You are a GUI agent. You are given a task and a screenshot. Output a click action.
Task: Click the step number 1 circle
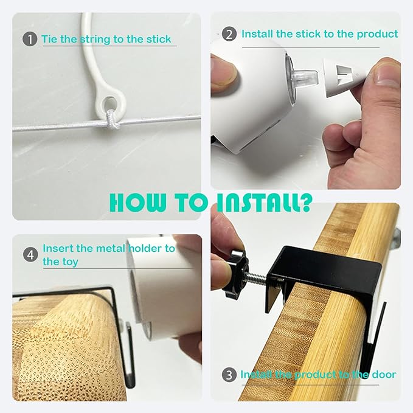pyautogui.click(x=30, y=39)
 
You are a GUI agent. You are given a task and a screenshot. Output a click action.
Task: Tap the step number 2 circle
pyautogui.click(x=229, y=34)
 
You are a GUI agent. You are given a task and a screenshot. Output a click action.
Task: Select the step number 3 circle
pyautogui.click(x=229, y=375)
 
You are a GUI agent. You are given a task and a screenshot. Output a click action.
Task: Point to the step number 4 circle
pyautogui.click(x=30, y=255)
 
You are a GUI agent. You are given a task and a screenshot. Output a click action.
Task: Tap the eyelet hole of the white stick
pyautogui.click(x=110, y=103)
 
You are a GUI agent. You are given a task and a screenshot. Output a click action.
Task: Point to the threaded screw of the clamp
pyautogui.click(x=257, y=278)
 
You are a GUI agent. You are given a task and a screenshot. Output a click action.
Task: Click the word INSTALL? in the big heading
pyautogui.click(x=264, y=203)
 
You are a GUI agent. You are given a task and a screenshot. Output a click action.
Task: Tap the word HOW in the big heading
pyautogui.click(x=137, y=203)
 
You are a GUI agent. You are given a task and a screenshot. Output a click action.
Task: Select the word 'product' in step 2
pyautogui.click(x=377, y=34)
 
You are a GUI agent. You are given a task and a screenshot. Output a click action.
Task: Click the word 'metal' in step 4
pyautogui.click(x=111, y=248)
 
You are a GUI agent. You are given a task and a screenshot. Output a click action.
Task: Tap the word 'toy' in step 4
pyautogui.click(x=71, y=262)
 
